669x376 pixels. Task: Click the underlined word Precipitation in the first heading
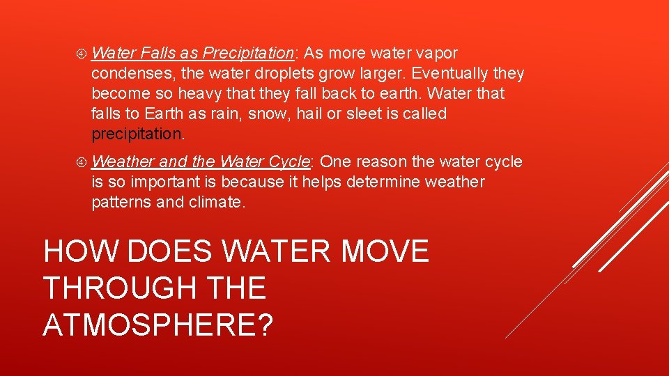coord(248,53)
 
